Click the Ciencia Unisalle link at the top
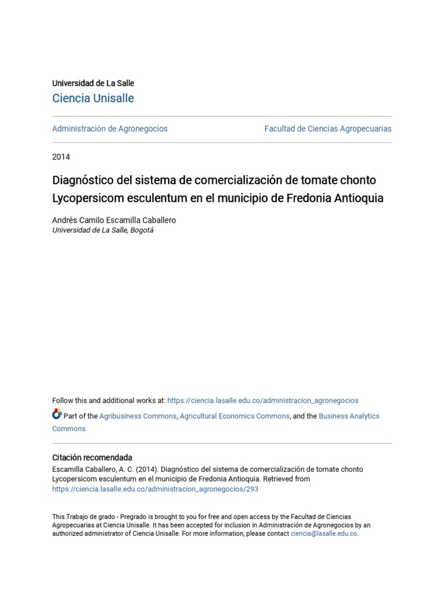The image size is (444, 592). [x=93, y=98]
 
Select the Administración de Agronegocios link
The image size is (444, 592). [x=110, y=129]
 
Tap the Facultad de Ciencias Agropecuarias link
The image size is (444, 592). [x=328, y=129]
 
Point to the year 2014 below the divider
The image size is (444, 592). [x=61, y=157]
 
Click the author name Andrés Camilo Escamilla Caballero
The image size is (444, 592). [x=114, y=220]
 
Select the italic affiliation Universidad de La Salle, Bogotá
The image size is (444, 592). [x=103, y=230]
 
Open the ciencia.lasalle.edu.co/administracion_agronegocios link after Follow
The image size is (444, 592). [x=262, y=401]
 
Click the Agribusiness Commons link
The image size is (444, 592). [x=138, y=416]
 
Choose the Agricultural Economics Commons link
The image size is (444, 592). [x=235, y=416]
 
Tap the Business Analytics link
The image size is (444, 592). [x=349, y=416]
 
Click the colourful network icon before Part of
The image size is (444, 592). [x=57, y=414]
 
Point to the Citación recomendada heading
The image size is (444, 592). [x=92, y=457]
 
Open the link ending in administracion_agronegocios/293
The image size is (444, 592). [x=155, y=489]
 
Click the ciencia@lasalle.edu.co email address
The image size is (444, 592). [x=324, y=534]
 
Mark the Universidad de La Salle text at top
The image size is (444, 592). [x=93, y=83]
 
